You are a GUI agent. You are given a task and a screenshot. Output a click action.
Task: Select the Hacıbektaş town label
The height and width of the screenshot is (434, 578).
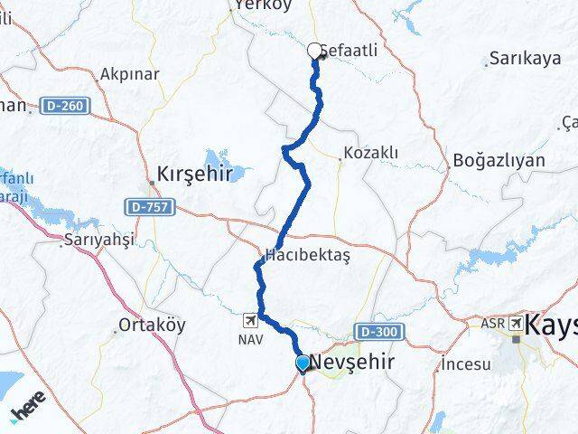(x=307, y=257)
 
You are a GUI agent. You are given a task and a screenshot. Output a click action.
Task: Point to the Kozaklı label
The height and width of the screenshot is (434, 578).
(x=370, y=154)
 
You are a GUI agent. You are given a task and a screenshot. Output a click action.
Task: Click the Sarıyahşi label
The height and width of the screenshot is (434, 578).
(x=98, y=241)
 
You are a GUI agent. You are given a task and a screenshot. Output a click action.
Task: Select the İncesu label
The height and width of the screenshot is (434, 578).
(x=466, y=365)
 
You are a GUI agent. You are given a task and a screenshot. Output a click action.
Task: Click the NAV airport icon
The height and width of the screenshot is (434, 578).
(x=250, y=319)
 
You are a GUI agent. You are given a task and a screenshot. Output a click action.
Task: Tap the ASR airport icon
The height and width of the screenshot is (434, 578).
(x=515, y=323)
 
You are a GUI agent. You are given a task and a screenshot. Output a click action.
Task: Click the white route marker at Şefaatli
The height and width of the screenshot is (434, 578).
(x=315, y=52)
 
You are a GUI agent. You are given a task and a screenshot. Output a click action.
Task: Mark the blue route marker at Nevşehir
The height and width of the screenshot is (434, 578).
(x=303, y=363)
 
